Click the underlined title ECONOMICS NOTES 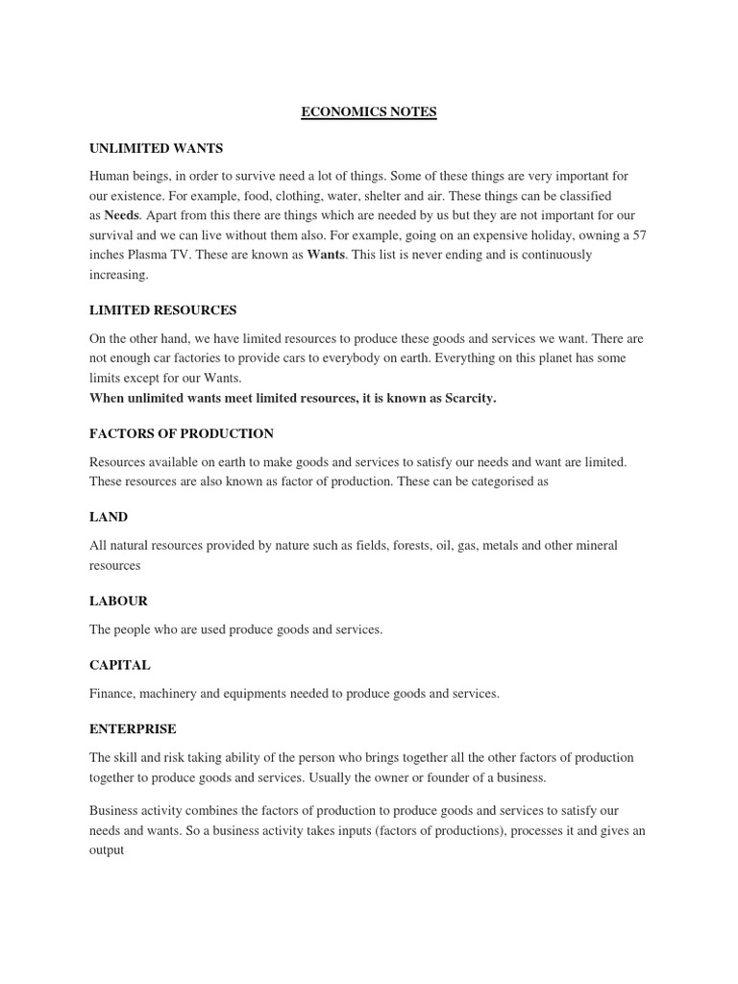tap(369, 112)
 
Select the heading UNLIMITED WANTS tap(156, 148)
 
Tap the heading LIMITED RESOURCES tap(162, 310)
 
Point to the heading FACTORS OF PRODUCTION tap(182, 433)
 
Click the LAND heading tap(109, 517)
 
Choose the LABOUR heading tap(118, 601)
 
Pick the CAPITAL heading tap(120, 665)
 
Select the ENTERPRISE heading tap(133, 729)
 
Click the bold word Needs tap(121, 216)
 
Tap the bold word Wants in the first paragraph tap(326, 256)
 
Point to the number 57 tap(639, 235)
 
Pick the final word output tap(107, 850)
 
